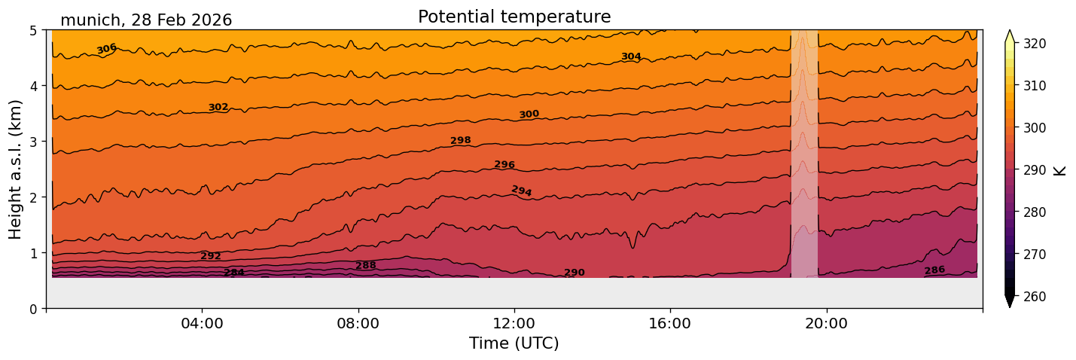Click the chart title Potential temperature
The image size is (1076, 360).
[514, 17]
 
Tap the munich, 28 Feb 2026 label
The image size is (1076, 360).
[146, 20]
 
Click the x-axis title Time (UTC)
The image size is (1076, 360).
[514, 343]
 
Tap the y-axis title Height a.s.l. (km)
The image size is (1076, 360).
[16, 169]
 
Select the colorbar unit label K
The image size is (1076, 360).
[1060, 169]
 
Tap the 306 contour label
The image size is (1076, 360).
[107, 49]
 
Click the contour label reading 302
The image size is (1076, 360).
[218, 108]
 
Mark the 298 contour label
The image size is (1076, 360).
[461, 141]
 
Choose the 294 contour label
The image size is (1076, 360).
[522, 191]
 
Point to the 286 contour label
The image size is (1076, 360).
[934, 270]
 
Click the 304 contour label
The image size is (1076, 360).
[631, 57]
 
